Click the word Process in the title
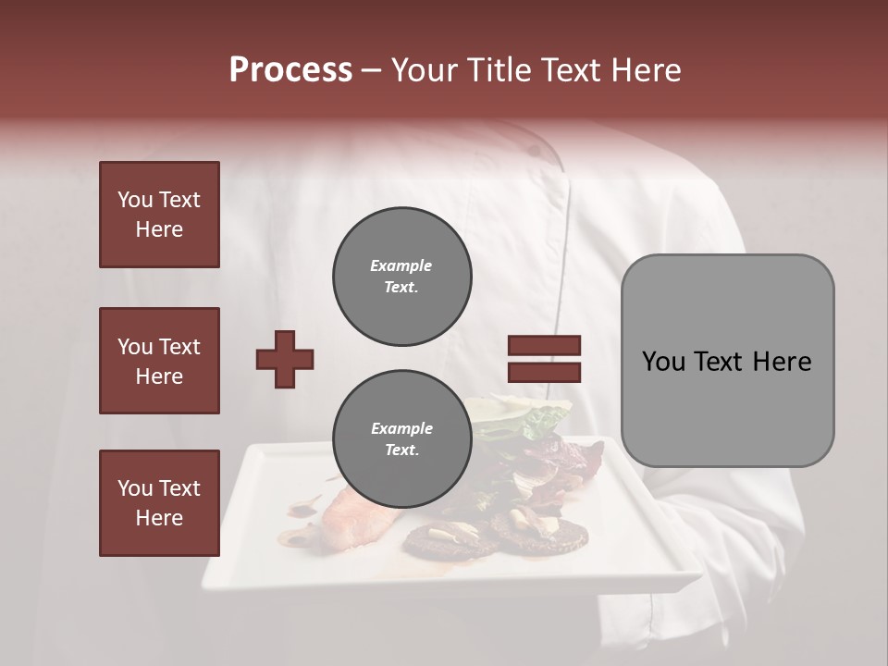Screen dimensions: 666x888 coord(290,70)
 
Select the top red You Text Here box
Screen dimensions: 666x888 coord(159,215)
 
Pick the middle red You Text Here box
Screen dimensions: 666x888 coord(159,361)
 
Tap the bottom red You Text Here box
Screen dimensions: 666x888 coord(159,503)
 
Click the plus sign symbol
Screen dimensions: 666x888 coord(285,359)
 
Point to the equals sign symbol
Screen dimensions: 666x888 coord(544,359)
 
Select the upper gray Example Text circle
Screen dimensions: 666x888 coord(402,277)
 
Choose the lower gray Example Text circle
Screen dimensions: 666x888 coord(402,439)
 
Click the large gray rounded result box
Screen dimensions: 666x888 coord(727,361)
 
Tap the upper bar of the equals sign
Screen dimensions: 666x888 coord(544,346)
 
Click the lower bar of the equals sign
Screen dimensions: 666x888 coord(544,372)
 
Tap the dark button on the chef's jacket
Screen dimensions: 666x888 coord(535,149)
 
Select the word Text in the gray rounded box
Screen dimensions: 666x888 coord(720,362)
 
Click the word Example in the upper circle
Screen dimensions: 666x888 coord(401,265)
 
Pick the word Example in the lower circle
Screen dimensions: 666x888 coord(401,428)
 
